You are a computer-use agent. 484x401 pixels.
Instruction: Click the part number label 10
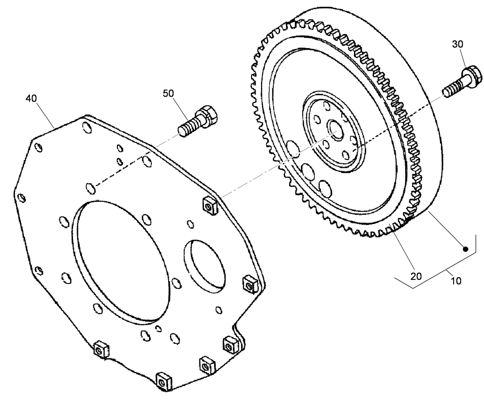(x=456, y=281)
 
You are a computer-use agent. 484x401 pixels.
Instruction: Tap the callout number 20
(x=416, y=275)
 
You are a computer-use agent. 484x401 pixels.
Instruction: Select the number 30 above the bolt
(x=458, y=44)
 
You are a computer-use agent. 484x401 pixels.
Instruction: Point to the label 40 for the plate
(x=32, y=98)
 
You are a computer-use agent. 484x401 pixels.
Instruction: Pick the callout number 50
(x=169, y=93)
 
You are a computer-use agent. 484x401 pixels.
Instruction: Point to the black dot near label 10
(x=465, y=249)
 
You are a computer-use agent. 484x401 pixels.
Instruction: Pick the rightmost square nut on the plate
(x=249, y=284)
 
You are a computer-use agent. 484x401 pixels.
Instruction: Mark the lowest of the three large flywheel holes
(x=325, y=187)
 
